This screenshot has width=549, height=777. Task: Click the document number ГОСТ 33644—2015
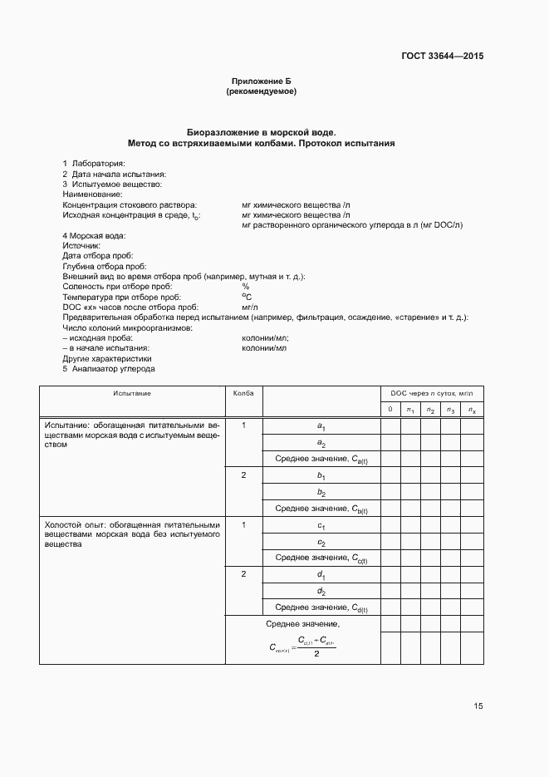pyautogui.click(x=440, y=57)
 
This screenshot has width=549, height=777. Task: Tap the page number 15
pyautogui.click(x=478, y=706)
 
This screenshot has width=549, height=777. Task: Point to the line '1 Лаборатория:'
pyautogui.click(x=93, y=164)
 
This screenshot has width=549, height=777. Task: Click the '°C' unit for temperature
pyautogui.click(x=247, y=297)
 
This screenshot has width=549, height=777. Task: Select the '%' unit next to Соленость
pyautogui.click(x=245, y=286)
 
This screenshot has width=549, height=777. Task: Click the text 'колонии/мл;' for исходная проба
pyautogui.click(x=265, y=339)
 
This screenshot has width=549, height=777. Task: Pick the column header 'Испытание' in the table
pyautogui.click(x=132, y=393)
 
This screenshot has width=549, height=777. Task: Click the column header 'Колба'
pyautogui.click(x=243, y=393)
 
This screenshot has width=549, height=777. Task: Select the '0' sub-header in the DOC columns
pyautogui.click(x=390, y=409)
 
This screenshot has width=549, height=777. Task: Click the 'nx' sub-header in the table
pyautogui.click(x=472, y=410)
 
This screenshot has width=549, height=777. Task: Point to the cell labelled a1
pyautogui.click(x=321, y=426)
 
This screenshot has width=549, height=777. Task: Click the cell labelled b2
pyautogui.click(x=321, y=492)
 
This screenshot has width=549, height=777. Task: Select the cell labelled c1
pyautogui.click(x=321, y=526)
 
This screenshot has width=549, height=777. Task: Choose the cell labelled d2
pyautogui.click(x=321, y=591)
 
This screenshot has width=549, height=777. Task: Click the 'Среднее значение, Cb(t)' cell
pyautogui.click(x=321, y=509)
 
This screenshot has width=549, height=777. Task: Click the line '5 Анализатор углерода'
pyautogui.click(x=109, y=369)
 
